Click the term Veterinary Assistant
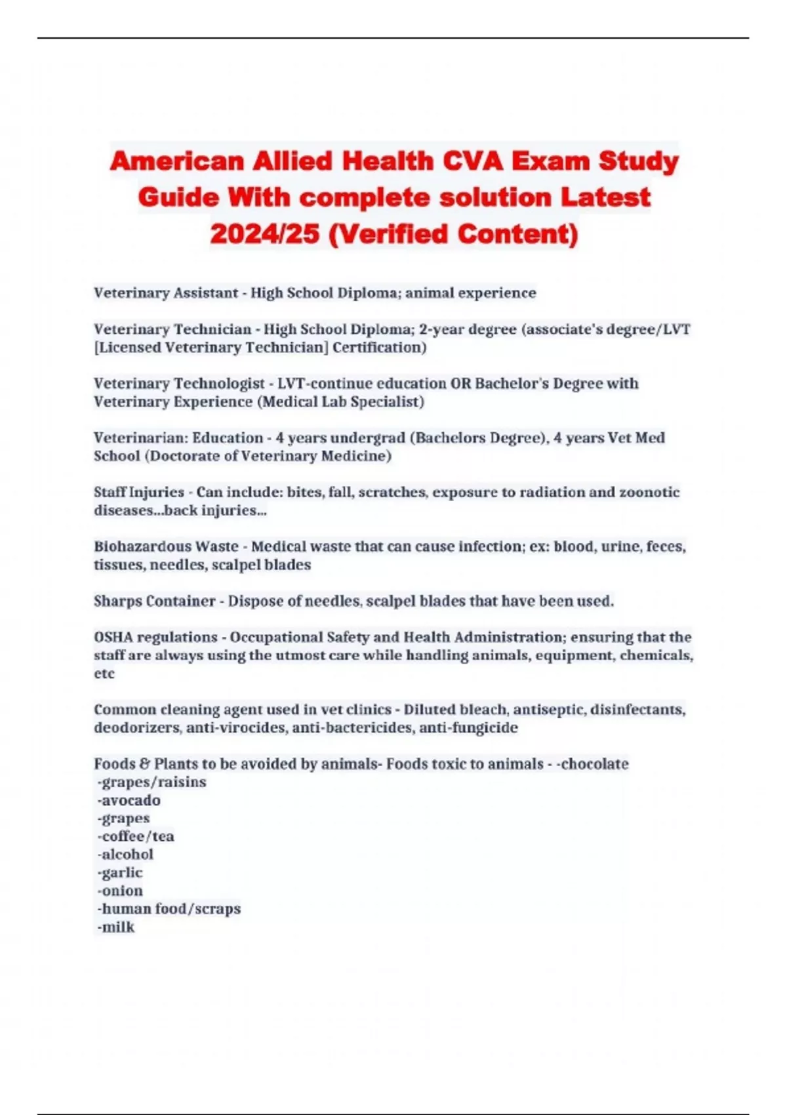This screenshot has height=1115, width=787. [x=166, y=293]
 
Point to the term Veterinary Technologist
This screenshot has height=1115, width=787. [x=179, y=383]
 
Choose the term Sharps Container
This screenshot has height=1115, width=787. [x=154, y=601]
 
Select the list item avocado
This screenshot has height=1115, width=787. [x=129, y=800]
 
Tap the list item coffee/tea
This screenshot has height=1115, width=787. [x=136, y=836]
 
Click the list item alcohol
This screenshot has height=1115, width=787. [x=126, y=855]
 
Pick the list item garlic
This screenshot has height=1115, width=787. [x=120, y=872]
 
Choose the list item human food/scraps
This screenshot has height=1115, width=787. [x=169, y=909]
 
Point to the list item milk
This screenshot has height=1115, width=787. [x=116, y=927]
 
